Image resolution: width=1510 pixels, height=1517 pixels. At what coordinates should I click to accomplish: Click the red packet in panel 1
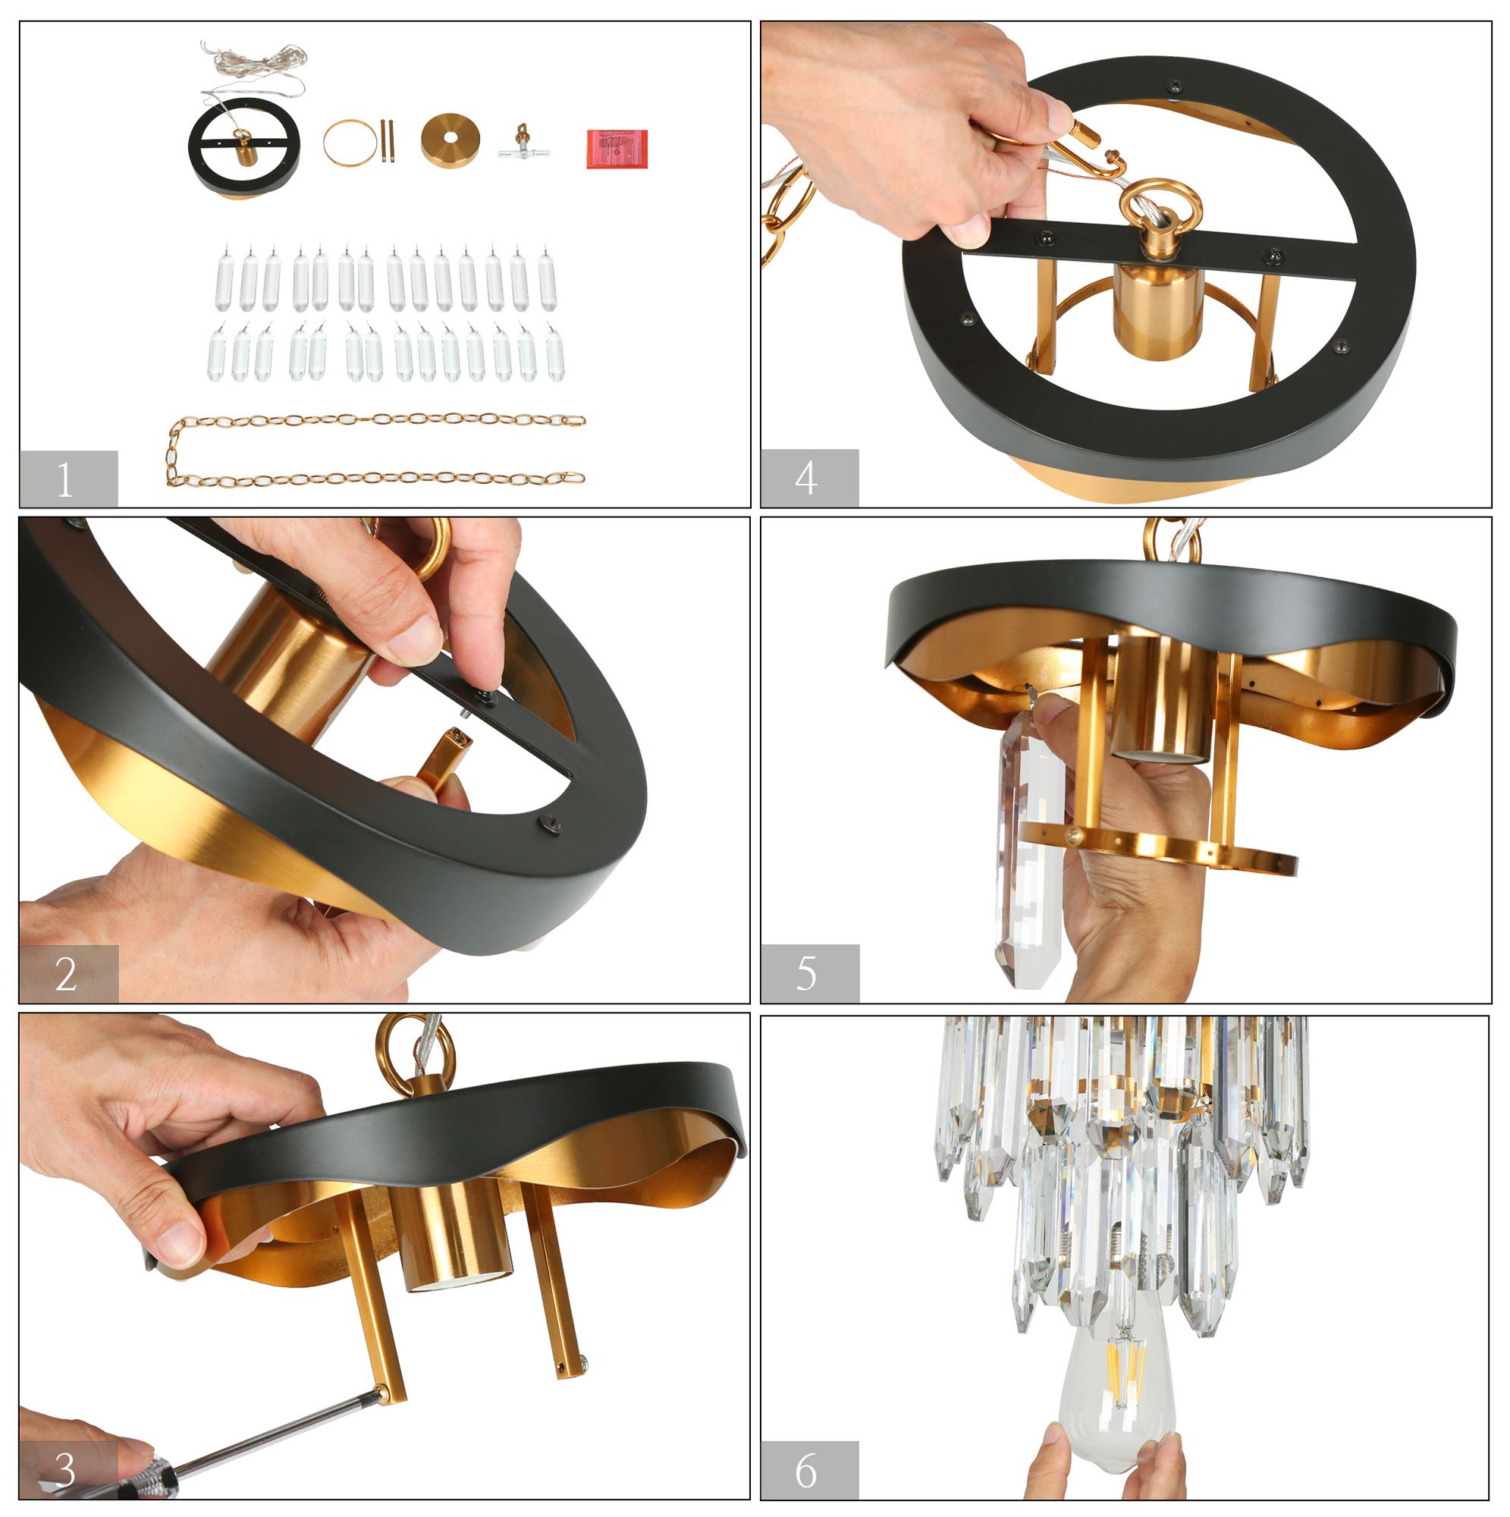pyautogui.click(x=617, y=148)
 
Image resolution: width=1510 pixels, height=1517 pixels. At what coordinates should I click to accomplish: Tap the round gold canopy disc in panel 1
pyautogui.click(x=450, y=140)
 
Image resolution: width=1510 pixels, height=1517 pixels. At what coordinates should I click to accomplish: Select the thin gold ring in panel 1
pyautogui.click(x=350, y=142)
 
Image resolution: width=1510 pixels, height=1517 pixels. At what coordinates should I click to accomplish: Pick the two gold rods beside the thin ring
pyautogui.click(x=387, y=140)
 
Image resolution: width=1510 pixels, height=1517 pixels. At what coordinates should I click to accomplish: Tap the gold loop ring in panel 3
pyautogui.click(x=415, y=1050)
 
